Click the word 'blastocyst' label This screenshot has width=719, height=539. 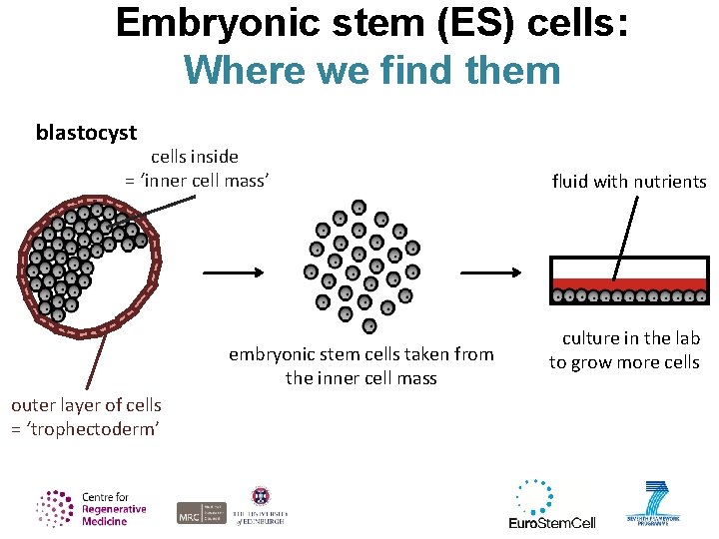pyautogui.click(x=86, y=133)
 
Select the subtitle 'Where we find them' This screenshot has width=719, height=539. pyautogui.click(x=371, y=70)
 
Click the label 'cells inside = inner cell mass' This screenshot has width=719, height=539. pyautogui.click(x=196, y=168)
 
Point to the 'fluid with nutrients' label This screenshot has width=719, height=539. pyautogui.click(x=629, y=182)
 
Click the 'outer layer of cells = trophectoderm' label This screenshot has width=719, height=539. pyautogui.click(x=85, y=416)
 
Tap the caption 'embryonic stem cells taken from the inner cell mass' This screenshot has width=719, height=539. pyautogui.click(x=361, y=366)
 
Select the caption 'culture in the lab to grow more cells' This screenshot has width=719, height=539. pyautogui.click(x=624, y=350)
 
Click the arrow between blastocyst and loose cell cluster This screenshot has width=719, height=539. pyautogui.click(x=233, y=271)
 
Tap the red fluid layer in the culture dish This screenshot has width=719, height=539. pyautogui.click(x=629, y=284)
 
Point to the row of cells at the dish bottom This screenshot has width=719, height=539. pyautogui.click(x=629, y=296)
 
